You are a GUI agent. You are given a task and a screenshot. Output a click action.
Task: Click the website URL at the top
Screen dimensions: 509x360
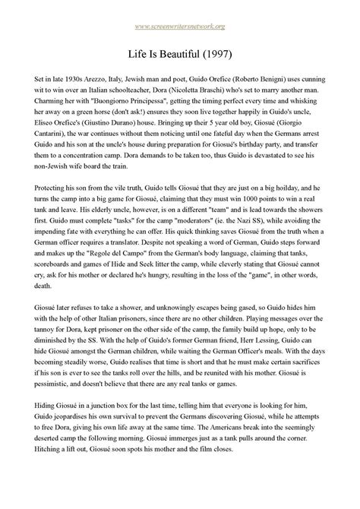(x=180, y=27)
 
